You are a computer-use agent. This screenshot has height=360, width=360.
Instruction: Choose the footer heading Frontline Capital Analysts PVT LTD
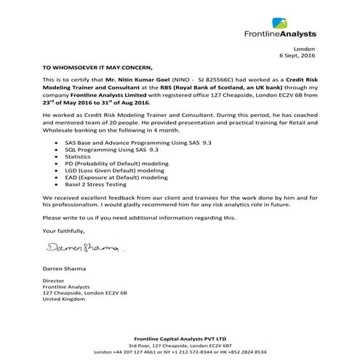(x=179, y=338)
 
